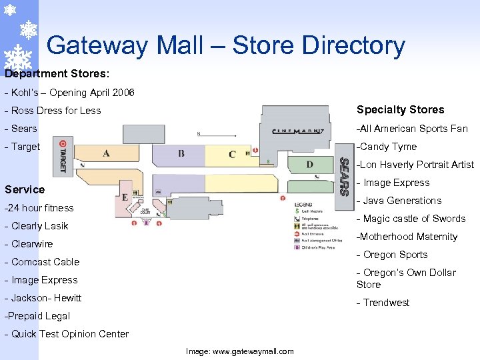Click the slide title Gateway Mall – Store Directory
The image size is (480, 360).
225,45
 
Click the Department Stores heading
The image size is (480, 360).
57,73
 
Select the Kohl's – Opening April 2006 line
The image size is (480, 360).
69,93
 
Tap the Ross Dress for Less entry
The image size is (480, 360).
53,111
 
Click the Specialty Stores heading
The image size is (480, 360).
400,110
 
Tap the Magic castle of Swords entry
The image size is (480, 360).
411,219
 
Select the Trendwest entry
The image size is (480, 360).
383,303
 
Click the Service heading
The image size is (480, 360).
25,189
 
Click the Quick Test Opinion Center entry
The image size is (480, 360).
67,334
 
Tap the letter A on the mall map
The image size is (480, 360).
106,153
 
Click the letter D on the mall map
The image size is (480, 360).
309,164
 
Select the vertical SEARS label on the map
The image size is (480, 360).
344,176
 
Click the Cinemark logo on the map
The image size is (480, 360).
298,131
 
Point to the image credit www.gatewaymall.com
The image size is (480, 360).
239,351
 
